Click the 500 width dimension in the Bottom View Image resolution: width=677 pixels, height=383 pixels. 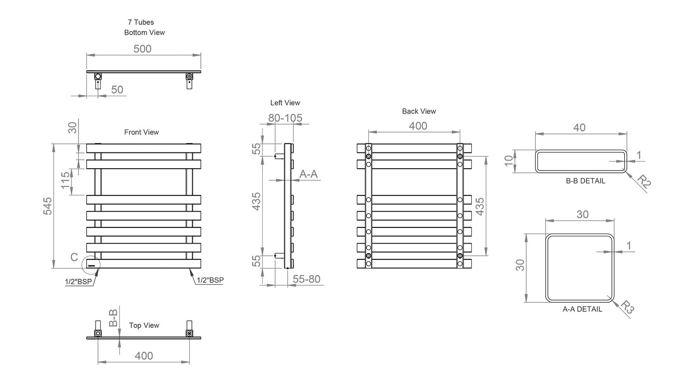tap(142, 49)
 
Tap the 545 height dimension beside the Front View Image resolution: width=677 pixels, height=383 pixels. tap(48, 206)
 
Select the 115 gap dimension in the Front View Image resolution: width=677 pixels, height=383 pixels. tap(65, 180)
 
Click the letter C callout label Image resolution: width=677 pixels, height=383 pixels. tap(74, 257)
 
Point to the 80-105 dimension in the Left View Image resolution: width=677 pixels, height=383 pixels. tap(285, 118)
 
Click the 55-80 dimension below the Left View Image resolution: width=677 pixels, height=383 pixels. tap(306, 279)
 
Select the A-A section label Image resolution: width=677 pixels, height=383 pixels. tap(309, 174)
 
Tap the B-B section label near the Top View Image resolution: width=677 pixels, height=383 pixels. tap(113, 318)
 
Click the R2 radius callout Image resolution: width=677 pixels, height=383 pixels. tap(644, 182)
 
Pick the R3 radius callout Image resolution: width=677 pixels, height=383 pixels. tap(627, 307)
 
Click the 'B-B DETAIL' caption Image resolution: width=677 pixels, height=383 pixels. tap(585, 181)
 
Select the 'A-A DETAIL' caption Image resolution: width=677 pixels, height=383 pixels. tap(582, 309)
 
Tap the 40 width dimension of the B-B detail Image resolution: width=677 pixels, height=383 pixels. tap(580, 128)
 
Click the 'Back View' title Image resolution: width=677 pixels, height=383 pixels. tap(419, 111)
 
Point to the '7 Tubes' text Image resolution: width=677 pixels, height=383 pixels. tap(141, 23)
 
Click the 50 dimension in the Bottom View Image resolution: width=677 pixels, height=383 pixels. tap(117, 90)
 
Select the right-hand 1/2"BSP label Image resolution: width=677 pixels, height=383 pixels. tap(210, 280)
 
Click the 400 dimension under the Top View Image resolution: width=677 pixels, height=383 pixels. tap(144, 356)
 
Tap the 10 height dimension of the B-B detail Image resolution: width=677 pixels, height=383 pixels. tap(509, 161)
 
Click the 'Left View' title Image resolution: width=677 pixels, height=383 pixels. tap(285, 103)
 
